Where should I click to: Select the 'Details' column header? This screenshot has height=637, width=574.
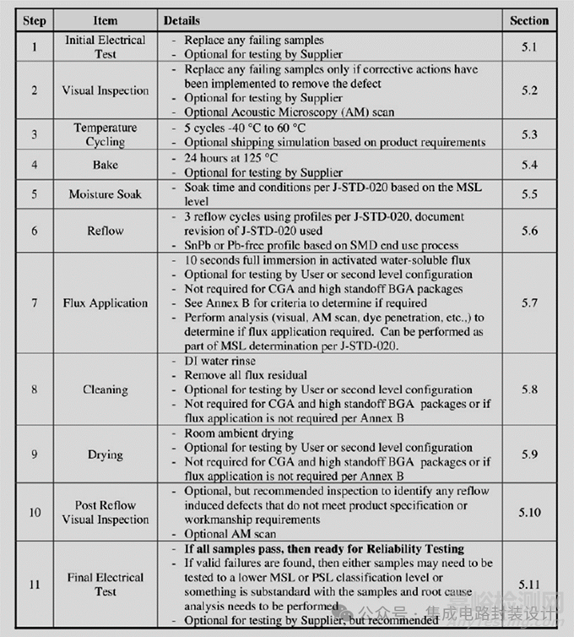pos(182,20)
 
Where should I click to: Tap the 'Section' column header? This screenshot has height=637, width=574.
pos(529,20)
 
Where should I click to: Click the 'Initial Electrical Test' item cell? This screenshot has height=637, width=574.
pos(106,46)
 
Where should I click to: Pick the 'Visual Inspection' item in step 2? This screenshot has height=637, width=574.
pos(106,90)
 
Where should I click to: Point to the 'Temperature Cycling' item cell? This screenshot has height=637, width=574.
pos(106,134)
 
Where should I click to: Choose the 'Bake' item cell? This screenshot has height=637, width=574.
pos(106,165)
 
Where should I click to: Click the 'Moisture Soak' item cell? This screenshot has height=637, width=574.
pos(106,194)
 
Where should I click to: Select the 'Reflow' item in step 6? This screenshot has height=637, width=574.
pos(106,231)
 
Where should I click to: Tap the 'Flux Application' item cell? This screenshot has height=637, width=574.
pos(106,302)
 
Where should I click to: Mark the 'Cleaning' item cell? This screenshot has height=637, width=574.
pos(106,389)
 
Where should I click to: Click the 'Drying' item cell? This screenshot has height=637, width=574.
pos(106,455)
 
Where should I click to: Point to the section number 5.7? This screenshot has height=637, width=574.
pos(529,302)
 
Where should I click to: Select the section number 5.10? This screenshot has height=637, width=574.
pos(529,513)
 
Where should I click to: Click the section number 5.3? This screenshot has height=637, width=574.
pos(529,134)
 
